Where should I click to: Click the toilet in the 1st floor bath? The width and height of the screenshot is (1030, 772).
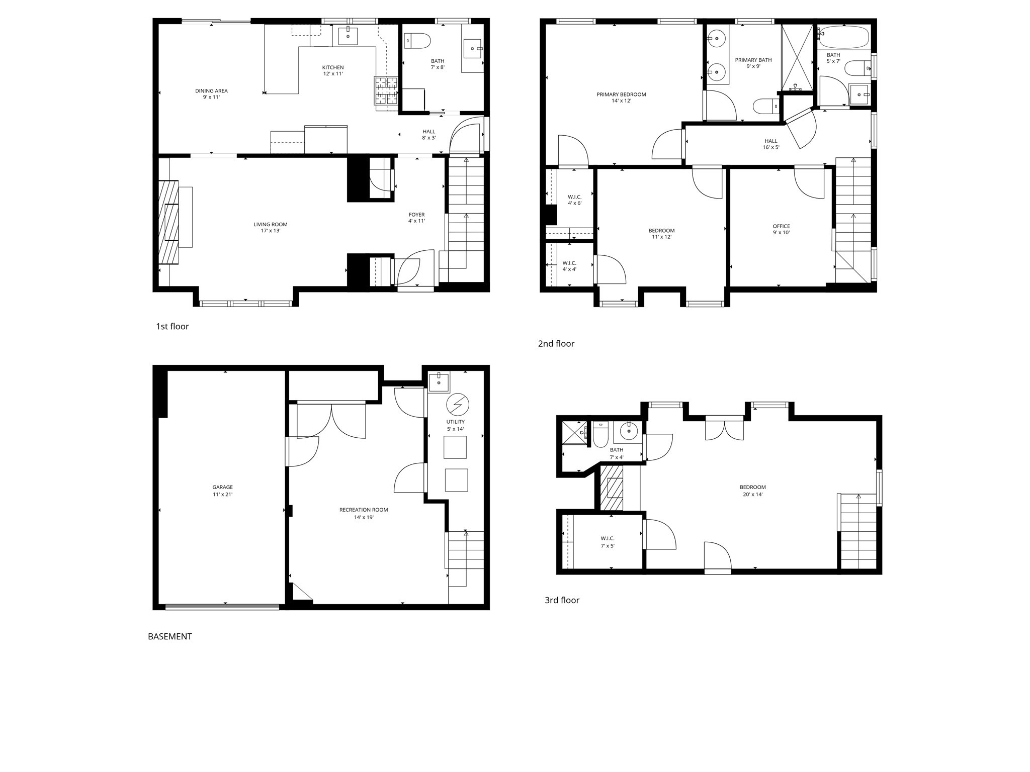click(418, 41)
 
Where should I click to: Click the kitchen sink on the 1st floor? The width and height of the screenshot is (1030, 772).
click(348, 36)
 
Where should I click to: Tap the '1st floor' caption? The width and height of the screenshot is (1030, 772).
click(173, 327)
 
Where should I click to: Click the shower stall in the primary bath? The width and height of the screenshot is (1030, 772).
click(797, 57)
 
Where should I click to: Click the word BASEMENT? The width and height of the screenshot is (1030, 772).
click(170, 637)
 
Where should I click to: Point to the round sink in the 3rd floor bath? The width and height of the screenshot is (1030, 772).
click(629, 431)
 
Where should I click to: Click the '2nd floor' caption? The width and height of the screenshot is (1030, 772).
click(556, 344)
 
